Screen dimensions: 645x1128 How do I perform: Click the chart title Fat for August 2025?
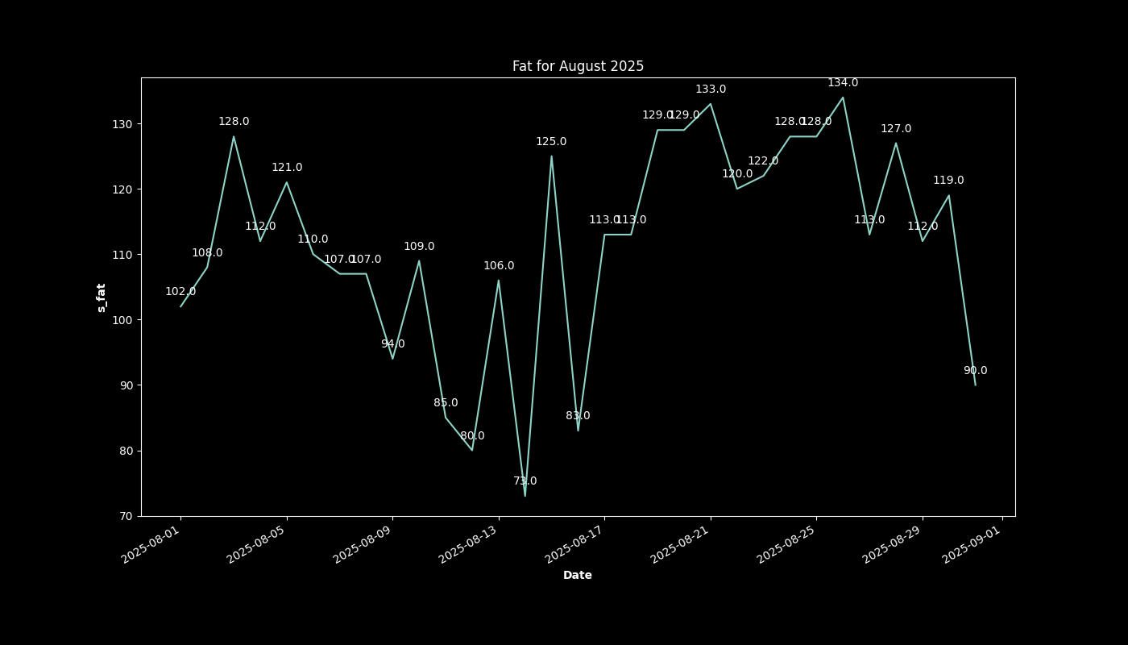click(x=578, y=66)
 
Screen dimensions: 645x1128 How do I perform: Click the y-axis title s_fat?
click(x=102, y=298)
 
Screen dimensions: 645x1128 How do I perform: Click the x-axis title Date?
click(x=578, y=575)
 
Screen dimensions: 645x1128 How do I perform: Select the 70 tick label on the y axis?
click(x=126, y=516)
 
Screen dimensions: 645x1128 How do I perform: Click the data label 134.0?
click(x=843, y=83)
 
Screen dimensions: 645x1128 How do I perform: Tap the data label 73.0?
click(x=525, y=481)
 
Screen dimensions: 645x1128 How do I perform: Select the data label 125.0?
click(x=551, y=142)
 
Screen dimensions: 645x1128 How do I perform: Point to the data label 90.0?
click(x=975, y=371)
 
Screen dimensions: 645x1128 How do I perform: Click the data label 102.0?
click(x=180, y=292)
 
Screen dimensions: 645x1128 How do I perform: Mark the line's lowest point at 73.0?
click(x=525, y=496)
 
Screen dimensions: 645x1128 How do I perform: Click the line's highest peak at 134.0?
click(x=843, y=98)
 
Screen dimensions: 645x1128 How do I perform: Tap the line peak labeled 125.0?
click(x=551, y=156)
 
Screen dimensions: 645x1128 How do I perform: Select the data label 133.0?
click(x=711, y=89)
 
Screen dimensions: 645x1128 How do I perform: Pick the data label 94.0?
click(x=392, y=344)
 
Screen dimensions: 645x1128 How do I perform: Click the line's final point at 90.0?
click(x=975, y=385)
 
